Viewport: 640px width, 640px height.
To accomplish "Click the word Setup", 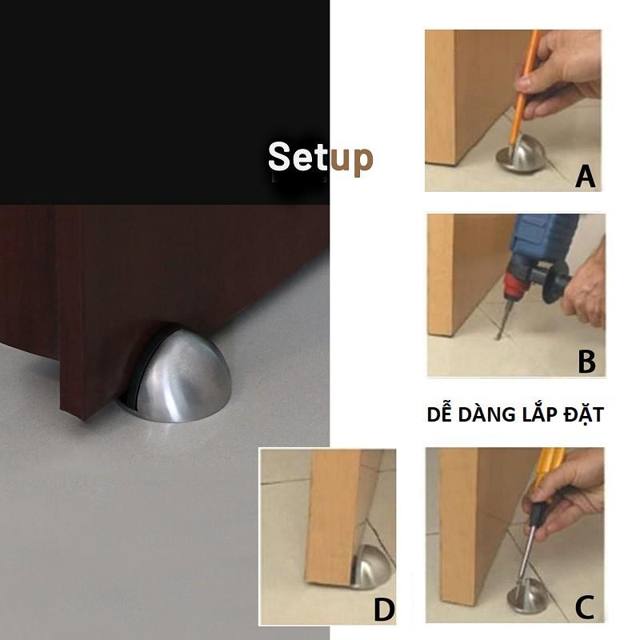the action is [321, 158].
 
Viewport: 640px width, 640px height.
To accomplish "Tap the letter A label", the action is [586, 176].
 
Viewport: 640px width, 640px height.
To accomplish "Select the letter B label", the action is [586, 362].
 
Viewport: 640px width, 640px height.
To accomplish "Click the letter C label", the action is [585, 607].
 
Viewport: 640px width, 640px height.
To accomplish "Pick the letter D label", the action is [384, 610].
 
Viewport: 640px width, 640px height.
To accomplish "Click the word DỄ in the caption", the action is [440, 414].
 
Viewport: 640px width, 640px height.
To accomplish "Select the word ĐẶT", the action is [583, 414].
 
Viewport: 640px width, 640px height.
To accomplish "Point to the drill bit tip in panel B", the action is [498, 338].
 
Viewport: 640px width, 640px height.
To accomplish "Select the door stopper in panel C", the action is [528, 598].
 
